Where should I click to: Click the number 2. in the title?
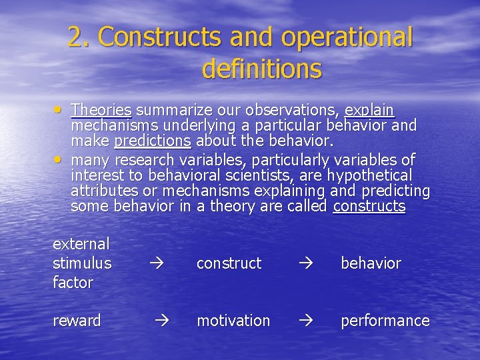[81, 37]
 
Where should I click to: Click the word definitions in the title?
[261, 69]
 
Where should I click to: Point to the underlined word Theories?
[101, 109]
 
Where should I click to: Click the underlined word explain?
[369, 110]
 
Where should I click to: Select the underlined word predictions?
[153, 141]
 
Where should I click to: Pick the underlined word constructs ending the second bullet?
[369, 206]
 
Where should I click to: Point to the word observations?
[293, 109]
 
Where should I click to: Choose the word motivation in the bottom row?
[233, 321]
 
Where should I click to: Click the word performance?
[385, 321]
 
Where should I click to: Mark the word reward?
[77, 321]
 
